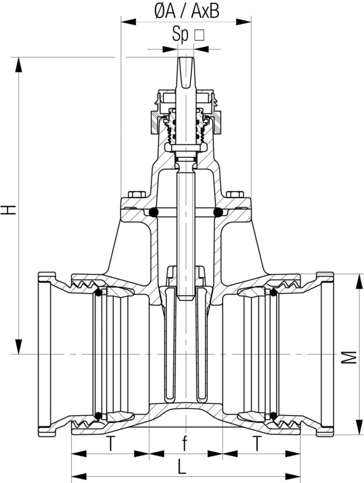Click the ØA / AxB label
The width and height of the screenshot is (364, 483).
(x=187, y=10)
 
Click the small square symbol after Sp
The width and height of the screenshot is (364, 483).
(x=199, y=36)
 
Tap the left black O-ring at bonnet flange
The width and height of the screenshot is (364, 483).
(x=154, y=213)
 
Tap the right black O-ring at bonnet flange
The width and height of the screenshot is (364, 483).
(x=218, y=213)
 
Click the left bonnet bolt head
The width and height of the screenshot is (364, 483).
(x=137, y=194)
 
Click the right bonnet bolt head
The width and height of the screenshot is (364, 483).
(x=235, y=194)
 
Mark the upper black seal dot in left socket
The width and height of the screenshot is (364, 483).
(x=98, y=292)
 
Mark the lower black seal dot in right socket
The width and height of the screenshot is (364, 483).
(x=273, y=415)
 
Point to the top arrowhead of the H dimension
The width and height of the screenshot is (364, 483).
(x=19, y=64)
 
